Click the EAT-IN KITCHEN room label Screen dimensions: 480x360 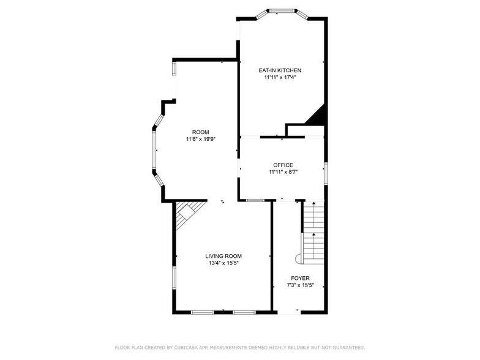280,70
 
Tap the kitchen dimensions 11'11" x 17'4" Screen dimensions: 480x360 280,77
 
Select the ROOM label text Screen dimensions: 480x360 201,132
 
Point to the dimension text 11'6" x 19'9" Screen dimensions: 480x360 201,140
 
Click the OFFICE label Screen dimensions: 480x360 283,165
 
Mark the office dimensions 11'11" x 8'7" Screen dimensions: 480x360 283,172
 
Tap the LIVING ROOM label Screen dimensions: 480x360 223,256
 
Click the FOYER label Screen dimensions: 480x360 300,278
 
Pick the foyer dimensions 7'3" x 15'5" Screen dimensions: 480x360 300,285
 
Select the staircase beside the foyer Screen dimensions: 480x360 312,233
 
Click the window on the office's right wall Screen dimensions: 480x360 326,174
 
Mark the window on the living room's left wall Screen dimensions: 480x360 174,278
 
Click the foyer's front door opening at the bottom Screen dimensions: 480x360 289,312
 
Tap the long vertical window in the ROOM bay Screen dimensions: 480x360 154,150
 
